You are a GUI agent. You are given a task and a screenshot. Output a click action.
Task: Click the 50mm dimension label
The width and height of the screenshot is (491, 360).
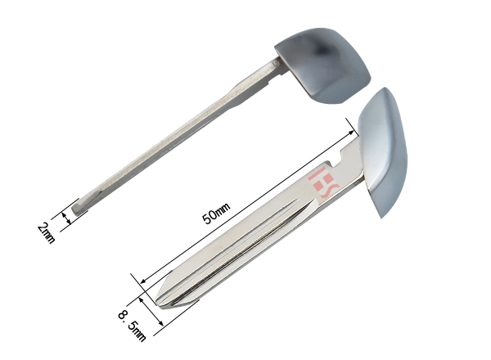[x=216, y=214]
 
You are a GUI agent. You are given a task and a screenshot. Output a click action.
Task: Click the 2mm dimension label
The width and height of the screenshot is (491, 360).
[x=47, y=232]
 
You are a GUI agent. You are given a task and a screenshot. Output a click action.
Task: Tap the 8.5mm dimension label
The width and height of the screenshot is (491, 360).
[x=132, y=326]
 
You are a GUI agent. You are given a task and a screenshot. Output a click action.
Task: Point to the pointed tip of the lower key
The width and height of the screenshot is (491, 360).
[x=156, y=303]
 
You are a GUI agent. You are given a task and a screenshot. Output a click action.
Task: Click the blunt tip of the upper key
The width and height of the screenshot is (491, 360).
[x=76, y=209]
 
